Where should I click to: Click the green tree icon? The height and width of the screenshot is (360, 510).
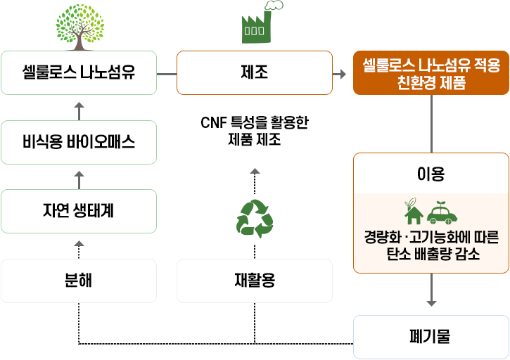point(79,26)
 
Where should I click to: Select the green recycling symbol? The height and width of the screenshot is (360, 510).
point(254,218)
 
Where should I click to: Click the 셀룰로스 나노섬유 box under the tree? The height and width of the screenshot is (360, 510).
point(79,72)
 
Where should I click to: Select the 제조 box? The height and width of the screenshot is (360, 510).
point(254,72)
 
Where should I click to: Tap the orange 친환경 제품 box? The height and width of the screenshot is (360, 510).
point(431,73)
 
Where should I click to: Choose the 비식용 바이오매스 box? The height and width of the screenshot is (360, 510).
point(79,142)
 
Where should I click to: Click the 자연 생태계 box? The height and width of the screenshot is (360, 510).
point(79,211)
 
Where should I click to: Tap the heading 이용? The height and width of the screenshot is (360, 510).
point(431,173)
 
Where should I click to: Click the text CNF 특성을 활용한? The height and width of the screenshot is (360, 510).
point(254,123)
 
